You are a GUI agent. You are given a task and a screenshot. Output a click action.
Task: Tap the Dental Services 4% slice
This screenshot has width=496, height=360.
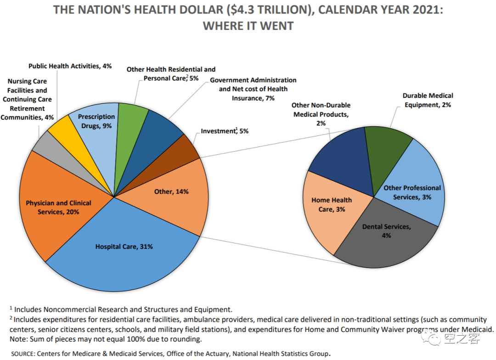(x=386, y=241)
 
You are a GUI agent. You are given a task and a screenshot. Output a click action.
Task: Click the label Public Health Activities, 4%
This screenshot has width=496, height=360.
(x=70, y=66)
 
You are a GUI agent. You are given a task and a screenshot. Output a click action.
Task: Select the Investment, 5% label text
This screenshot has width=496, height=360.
(x=225, y=131)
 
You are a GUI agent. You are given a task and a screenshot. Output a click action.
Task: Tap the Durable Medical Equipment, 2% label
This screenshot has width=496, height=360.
(x=428, y=100)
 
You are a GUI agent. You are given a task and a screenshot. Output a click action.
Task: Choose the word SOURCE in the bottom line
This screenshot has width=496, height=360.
(x=23, y=354)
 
